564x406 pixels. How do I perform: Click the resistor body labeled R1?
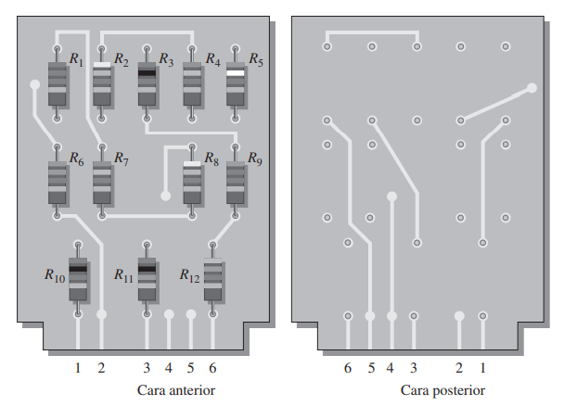click(x=58, y=83)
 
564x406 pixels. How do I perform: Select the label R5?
click(x=256, y=59)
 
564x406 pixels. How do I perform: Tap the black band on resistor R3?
click(x=147, y=73)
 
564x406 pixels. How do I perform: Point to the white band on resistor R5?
click(x=236, y=73)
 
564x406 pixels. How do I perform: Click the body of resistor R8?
click(x=192, y=183)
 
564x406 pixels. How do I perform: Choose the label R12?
click(x=189, y=275)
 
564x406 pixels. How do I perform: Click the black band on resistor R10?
click(x=78, y=269)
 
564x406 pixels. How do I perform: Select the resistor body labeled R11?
click(x=147, y=279)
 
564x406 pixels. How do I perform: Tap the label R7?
click(x=122, y=159)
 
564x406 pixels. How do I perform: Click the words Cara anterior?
click(x=176, y=390)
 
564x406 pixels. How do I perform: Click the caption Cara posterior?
click(x=442, y=390)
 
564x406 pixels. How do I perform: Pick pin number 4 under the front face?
click(x=169, y=368)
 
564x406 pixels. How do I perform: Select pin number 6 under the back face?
click(x=348, y=368)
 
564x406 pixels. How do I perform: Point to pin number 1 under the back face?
click(x=482, y=368)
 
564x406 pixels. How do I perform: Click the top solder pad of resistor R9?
click(x=236, y=147)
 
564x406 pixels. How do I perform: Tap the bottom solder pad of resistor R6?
click(x=58, y=216)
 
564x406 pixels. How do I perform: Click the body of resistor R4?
click(x=192, y=83)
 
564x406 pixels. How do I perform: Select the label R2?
click(x=122, y=59)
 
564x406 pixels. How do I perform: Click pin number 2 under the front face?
click(x=101, y=368)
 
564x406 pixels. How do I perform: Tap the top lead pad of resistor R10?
click(x=78, y=245)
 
